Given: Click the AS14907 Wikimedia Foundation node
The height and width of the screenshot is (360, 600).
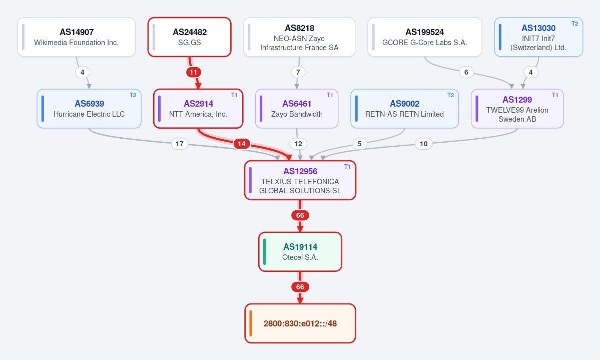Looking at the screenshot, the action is [77, 37].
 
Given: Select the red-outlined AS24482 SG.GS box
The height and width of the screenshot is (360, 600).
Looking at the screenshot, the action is [190, 37].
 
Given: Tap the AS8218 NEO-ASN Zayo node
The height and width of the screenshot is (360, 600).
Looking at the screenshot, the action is [299, 37].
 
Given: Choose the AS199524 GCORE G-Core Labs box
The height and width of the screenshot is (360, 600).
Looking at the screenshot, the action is [425, 37].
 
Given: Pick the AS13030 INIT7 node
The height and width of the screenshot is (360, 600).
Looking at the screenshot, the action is [538, 37].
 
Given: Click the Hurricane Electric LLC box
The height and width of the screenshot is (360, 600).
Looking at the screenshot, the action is [89, 109].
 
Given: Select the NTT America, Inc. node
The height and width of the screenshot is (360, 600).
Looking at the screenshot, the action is [198, 109].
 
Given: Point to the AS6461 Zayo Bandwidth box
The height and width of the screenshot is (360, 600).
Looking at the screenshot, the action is [297, 109].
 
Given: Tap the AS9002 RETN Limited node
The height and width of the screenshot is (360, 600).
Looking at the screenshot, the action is [404, 109].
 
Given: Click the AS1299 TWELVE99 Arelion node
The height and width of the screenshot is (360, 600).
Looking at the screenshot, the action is [517, 109].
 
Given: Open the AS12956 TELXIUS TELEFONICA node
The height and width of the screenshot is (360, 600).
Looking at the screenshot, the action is [300, 180].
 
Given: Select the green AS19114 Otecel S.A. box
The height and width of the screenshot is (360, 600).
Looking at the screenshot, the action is [300, 252].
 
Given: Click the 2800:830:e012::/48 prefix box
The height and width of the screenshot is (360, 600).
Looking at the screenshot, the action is [300, 323].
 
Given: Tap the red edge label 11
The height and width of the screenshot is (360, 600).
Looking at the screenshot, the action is [194, 73].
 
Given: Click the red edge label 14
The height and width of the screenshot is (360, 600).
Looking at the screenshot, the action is [242, 144].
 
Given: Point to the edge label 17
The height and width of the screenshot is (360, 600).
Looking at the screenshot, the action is [180, 144].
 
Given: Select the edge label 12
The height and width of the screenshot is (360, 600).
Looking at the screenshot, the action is [298, 144].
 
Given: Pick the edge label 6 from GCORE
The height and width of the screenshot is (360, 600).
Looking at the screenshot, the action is [466, 73].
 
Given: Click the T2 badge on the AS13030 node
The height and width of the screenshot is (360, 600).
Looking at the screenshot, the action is [575, 24].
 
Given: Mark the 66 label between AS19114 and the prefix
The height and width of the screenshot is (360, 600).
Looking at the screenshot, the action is [300, 287].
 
